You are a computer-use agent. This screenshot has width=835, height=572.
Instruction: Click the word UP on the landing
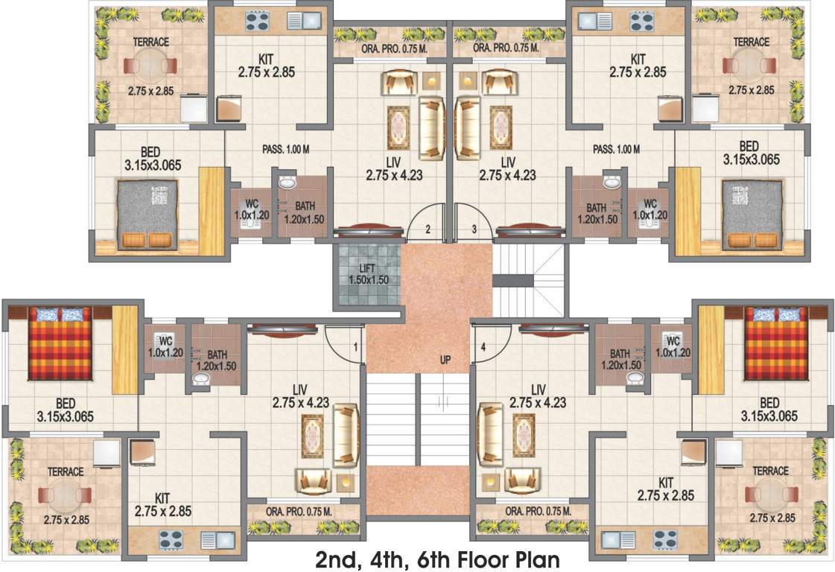click(445, 360)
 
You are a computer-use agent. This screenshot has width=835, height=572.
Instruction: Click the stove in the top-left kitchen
click(258, 22)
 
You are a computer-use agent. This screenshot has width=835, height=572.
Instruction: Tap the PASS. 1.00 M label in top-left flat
click(285, 150)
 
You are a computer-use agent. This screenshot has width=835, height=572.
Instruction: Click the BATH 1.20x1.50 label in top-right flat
click(595, 214)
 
